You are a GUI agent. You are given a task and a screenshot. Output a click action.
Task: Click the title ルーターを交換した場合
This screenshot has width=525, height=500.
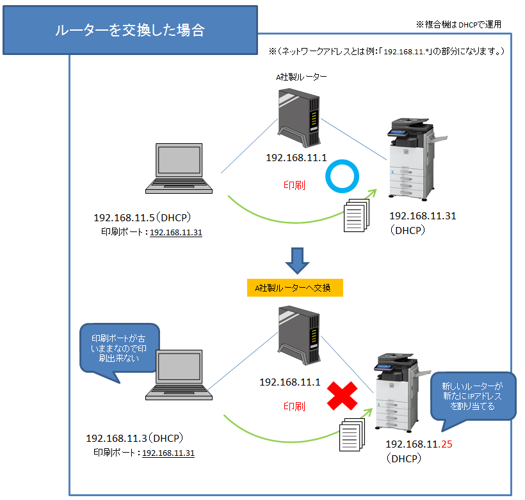click(x=130, y=30)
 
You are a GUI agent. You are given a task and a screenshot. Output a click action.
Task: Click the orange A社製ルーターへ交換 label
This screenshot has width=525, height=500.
click(x=295, y=288)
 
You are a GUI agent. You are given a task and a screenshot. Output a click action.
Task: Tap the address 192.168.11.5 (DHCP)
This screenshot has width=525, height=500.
click(x=143, y=218)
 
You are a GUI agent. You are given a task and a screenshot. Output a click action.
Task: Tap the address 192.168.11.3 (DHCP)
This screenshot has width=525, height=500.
click(x=135, y=438)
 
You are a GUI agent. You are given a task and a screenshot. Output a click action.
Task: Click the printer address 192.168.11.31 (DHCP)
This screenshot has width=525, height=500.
click(x=423, y=223)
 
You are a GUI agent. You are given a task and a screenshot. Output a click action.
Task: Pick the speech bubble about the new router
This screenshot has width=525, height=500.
click(x=472, y=396)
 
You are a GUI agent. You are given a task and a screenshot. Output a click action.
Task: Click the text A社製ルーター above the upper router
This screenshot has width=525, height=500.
click(x=302, y=77)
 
